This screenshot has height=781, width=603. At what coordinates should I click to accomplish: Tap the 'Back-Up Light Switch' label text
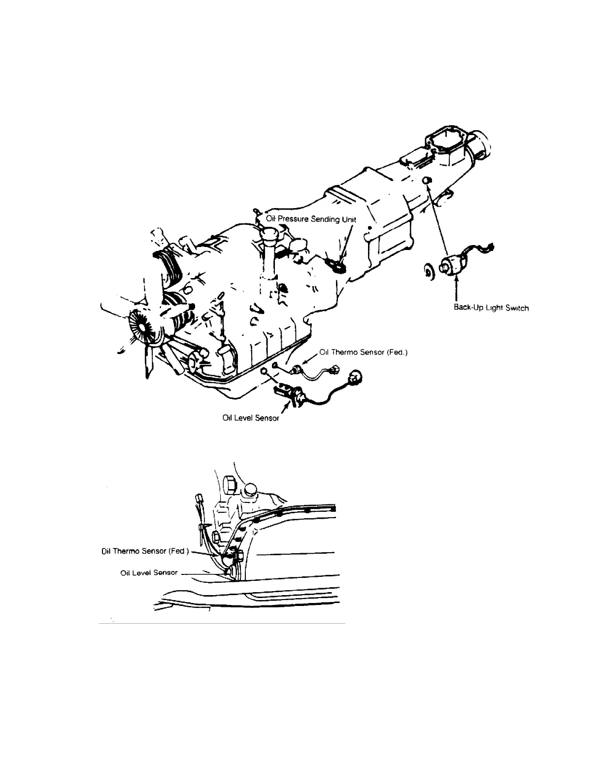point(491,308)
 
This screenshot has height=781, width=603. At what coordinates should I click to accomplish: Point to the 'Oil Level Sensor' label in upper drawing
point(251,418)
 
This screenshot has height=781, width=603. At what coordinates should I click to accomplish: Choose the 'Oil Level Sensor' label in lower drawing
point(149,572)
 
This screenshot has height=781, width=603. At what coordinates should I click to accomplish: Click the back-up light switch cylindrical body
point(454,263)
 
